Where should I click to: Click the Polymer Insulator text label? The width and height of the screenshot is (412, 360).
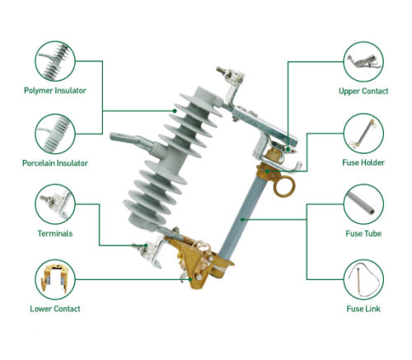pyautogui.click(x=54, y=91)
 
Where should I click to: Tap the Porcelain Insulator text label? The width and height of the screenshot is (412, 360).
pyautogui.click(x=54, y=163)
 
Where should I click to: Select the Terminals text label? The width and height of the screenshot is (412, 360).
pyautogui.click(x=54, y=233)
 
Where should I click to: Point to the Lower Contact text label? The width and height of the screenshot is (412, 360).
pyautogui.click(x=54, y=309)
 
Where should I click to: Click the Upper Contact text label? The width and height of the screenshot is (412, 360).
pyautogui.click(x=363, y=91)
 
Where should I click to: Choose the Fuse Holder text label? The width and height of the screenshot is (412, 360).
pyautogui.click(x=363, y=163)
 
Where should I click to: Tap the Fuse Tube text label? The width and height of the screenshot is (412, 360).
pyautogui.click(x=363, y=233)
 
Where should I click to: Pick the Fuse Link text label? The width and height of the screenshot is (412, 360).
pyautogui.click(x=363, y=309)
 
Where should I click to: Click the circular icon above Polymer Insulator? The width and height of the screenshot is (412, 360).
pyautogui.click(x=55, y=60)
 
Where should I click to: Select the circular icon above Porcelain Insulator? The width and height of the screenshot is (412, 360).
pyautogui.click(x=55, y=133)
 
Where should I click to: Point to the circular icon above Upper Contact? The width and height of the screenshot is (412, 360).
pyautogui.click(x=363, y=60)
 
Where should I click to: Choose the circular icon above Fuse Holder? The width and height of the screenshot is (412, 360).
pyautogui.click(x=363, y=133)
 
